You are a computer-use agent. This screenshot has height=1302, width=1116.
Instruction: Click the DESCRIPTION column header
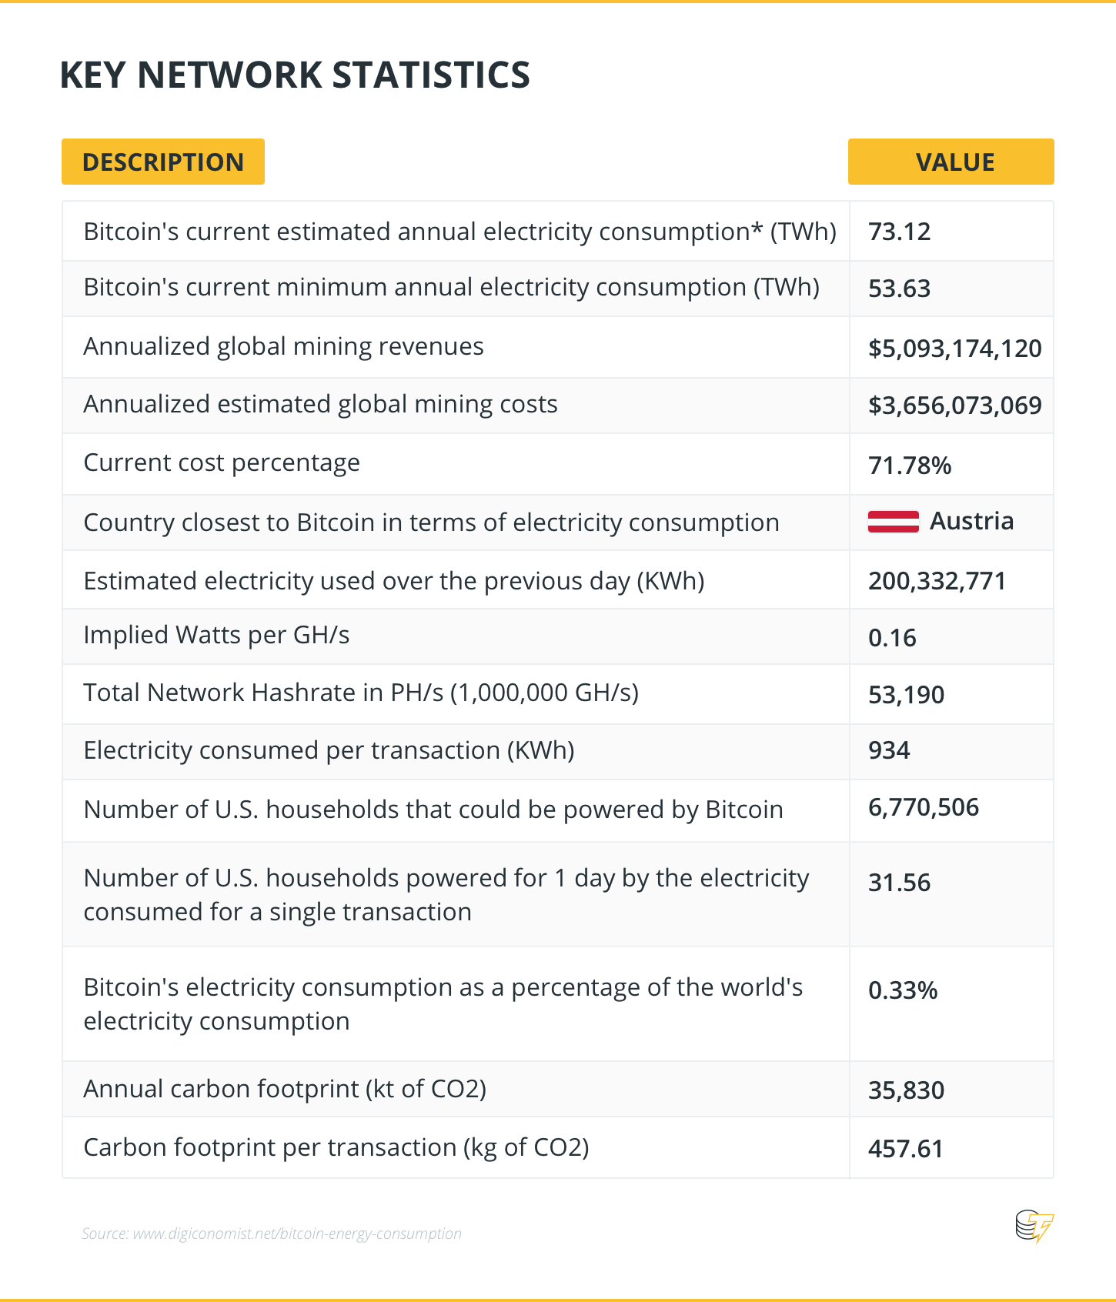[x=163, y=162]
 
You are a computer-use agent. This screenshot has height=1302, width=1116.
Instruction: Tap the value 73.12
[x=899, y=232]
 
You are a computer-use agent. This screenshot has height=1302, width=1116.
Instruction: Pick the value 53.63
[x=899, y=289]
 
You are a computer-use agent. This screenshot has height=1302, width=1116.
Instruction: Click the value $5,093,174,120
[x=954, y=349]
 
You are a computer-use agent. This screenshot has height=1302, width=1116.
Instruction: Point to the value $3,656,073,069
[x=954, y=406]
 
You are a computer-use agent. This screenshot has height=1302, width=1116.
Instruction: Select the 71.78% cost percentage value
[x=909, y=466]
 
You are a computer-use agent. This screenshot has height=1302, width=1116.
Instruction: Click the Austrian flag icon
[x=893, y=522]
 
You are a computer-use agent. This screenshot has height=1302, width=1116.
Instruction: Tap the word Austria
[x=971, y=521]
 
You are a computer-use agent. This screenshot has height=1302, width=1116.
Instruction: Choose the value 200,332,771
[x=937, y=581]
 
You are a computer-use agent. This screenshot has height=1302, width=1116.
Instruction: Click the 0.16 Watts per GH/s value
[x=892, y=638]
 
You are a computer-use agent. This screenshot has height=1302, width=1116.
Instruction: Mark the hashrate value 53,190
[x=906, y=695]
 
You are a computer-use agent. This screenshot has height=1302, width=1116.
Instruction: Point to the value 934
[x=889, y=750]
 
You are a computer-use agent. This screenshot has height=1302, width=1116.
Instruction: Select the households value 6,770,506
[x=923, y=807]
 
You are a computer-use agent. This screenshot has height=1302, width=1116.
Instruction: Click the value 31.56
[x=899, y=883]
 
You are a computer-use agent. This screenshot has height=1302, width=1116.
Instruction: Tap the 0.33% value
[x=902, y=990]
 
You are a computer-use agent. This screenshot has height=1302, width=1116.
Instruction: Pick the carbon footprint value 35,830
[x=906, y=1090]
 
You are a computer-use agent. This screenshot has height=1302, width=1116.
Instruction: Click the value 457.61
[x=905, y=1149]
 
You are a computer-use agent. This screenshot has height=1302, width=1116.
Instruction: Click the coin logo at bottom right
[x=1034, y=1226]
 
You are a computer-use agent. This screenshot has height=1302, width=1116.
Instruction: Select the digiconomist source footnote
[x=272, y=1234]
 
